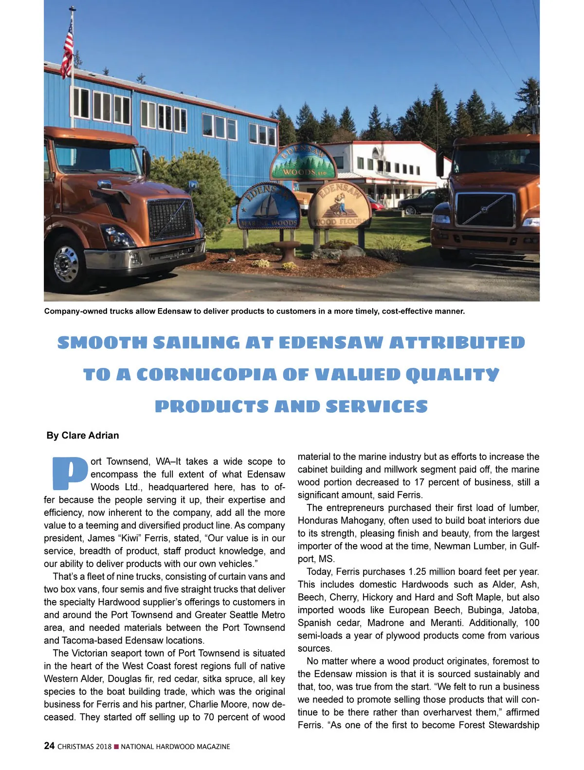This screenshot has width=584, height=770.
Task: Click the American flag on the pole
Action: [67, 49]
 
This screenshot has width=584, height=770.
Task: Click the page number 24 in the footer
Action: [49, 746]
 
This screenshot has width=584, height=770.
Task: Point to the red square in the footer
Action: [116, 747]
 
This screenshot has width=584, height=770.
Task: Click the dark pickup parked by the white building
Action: [418, 202]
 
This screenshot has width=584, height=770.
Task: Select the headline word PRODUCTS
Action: [211, 407]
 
